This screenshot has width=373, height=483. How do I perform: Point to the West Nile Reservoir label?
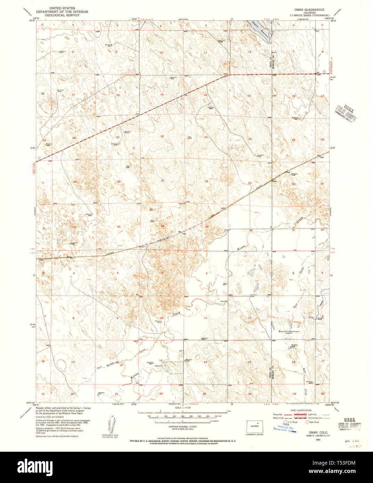click(289, 331)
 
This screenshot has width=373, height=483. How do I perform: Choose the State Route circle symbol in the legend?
click(307, 422)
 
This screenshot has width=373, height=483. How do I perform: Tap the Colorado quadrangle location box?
click(254, 426)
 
